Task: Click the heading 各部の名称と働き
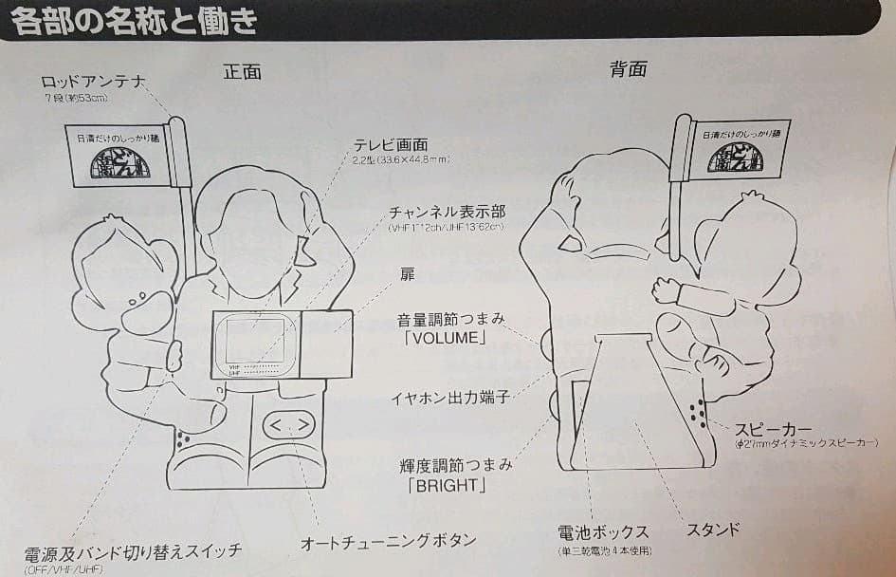pyautogui.click(x=136, y=20)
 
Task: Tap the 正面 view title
pyautogui.click(x=243, y=72)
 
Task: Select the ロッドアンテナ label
pyautogui.click(x=92, y=82)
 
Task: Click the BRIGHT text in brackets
pyautogui.click(x=444, y=486)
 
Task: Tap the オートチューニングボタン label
pyautogui.click(x=388, y=542)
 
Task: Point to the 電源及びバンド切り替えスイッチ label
pyautogui.click(x=134, y=551)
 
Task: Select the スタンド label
pyautogui.click(x=712, y=529)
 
